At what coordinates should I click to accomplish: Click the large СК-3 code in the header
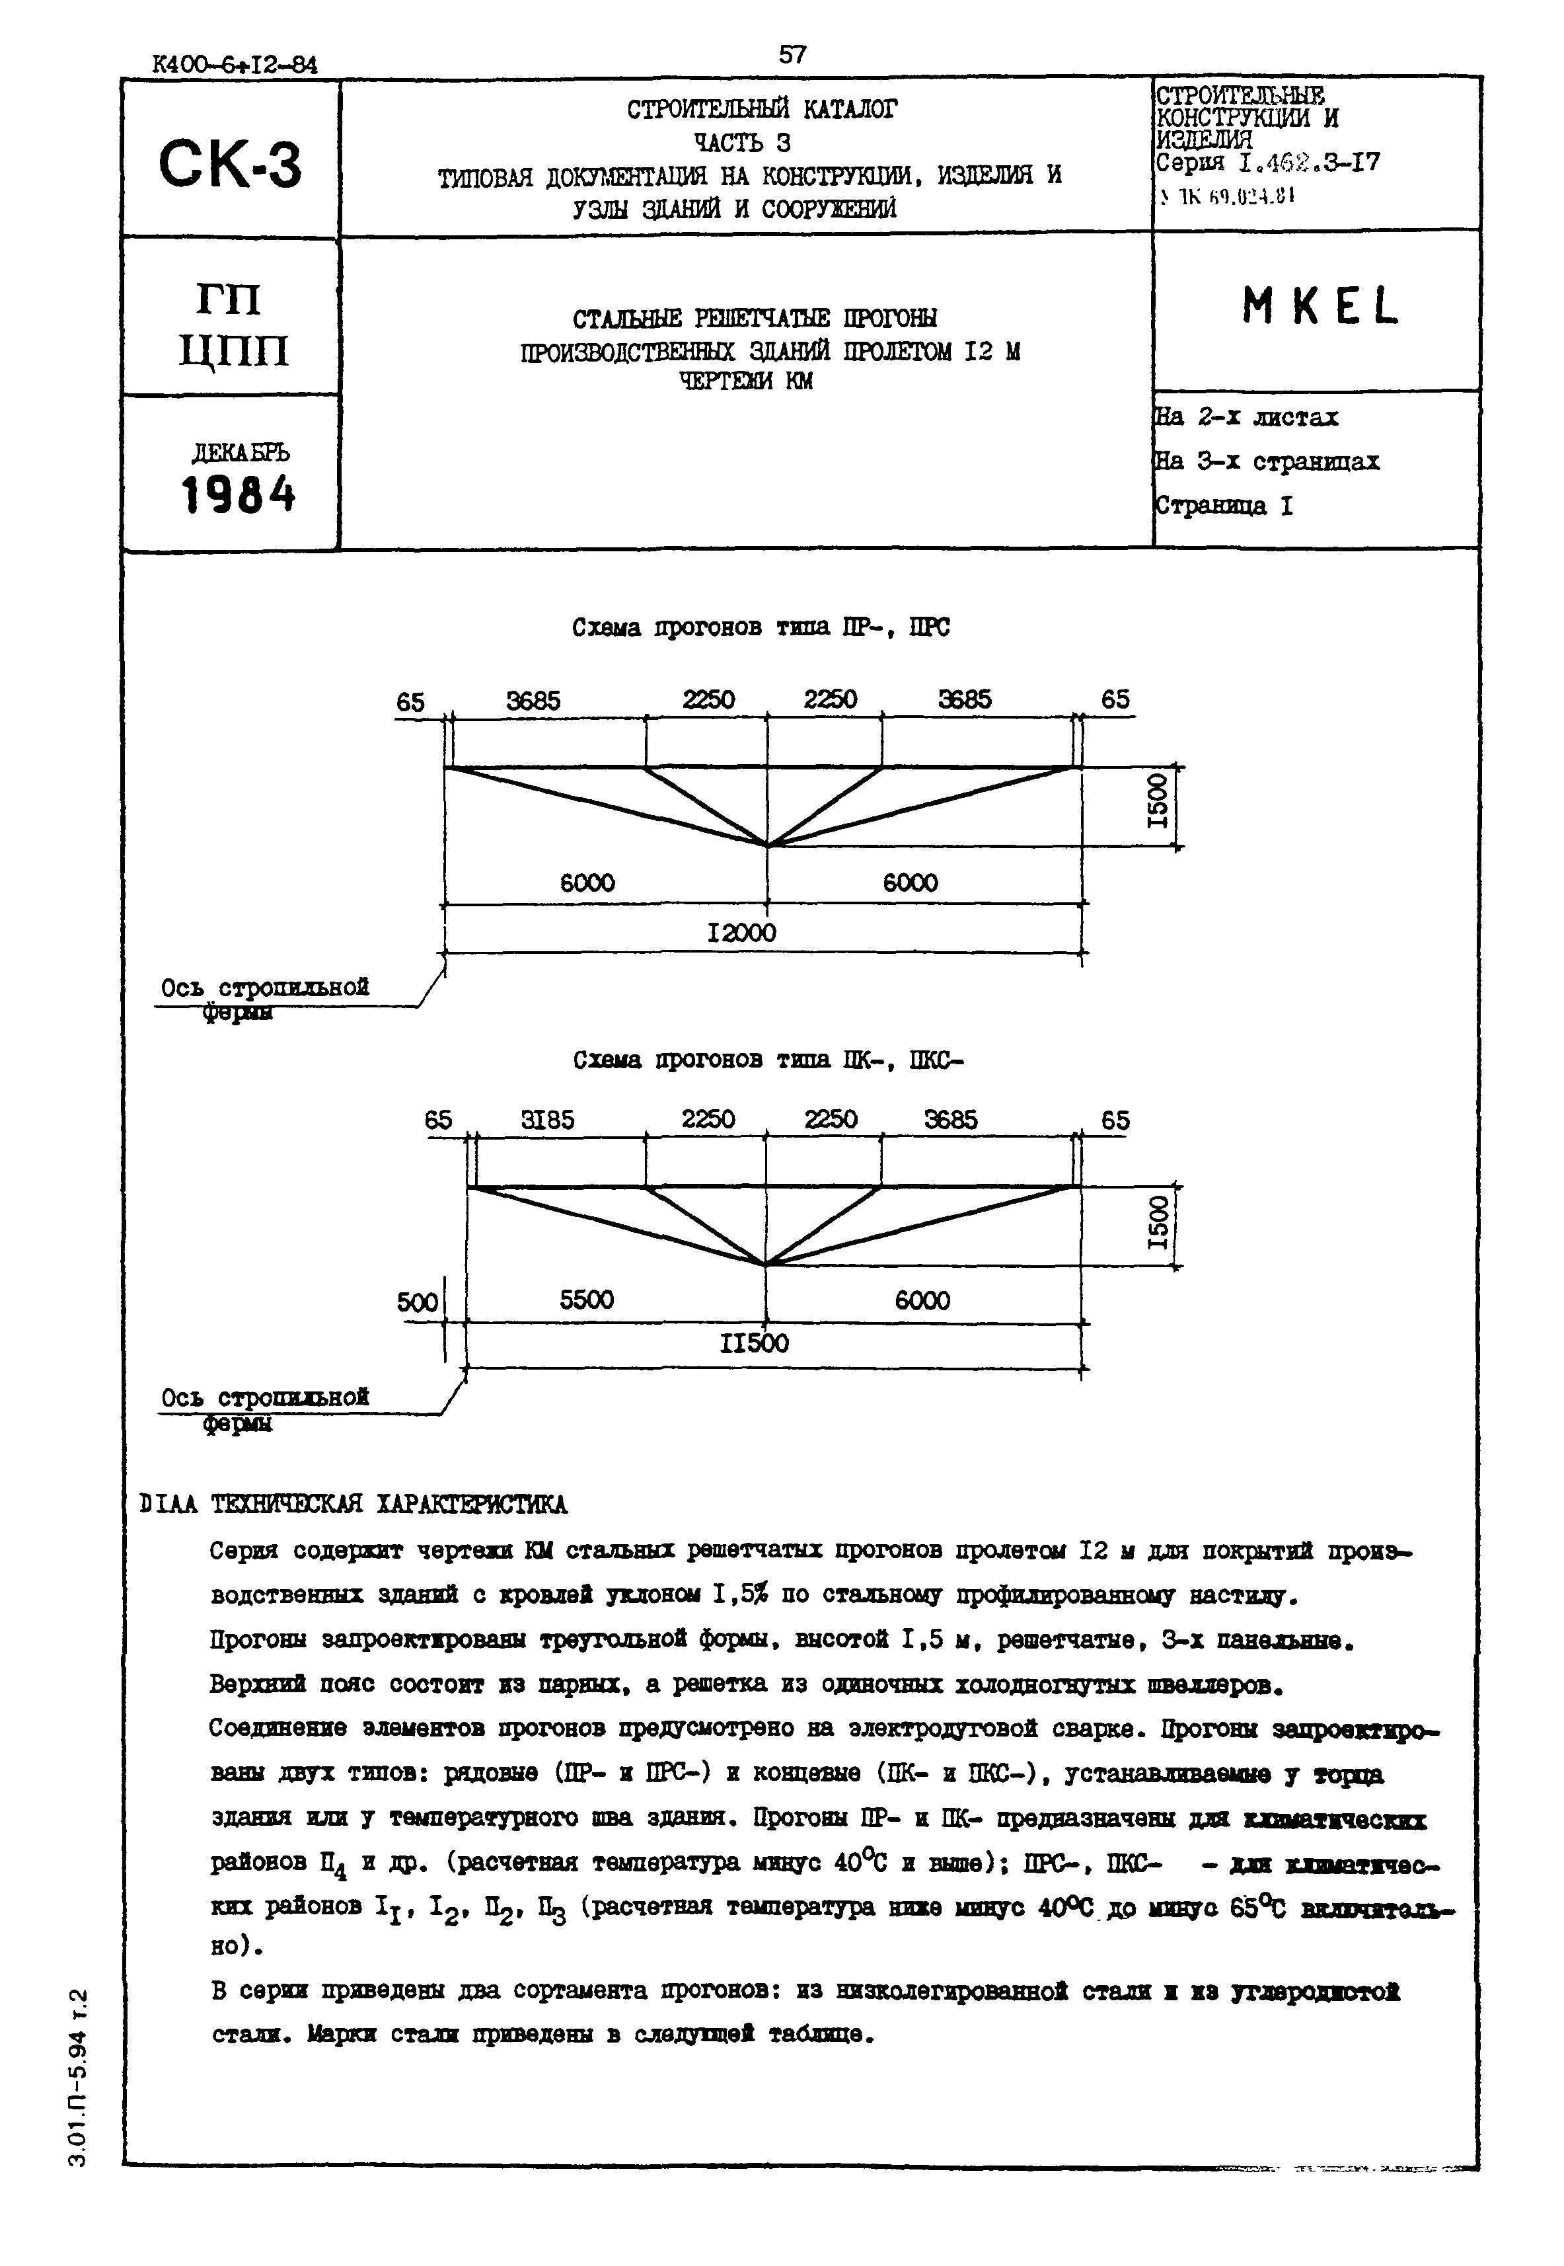pyautogui.click(x=231, y=165)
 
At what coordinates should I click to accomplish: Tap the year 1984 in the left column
pyautogui.click(x=238, y=495)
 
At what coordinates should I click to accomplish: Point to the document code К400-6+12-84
pyautogui.click(x=235, y=65)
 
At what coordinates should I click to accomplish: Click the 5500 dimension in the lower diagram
pyautogui.click(x=586, y=1300)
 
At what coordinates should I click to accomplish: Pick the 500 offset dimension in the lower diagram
pyautogui.click(x=418, y=1303)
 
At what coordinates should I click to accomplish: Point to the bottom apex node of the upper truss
pyautogui.click(x=766, y=845)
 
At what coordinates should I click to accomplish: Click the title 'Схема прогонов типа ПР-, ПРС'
pyautogui.click(x=761, y=628)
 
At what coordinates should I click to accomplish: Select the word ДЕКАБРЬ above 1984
pyautogui.click(x=240, y=453)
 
